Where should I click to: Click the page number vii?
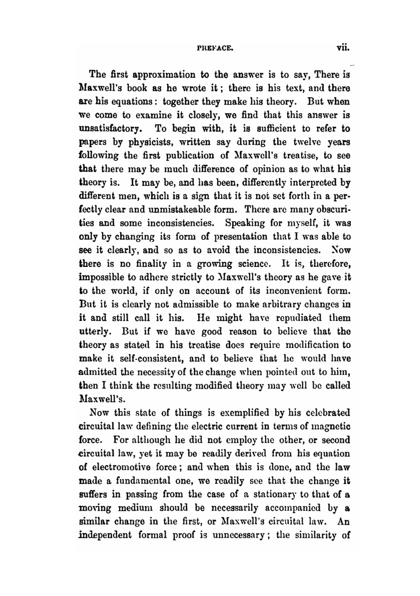(x=343, y=48)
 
